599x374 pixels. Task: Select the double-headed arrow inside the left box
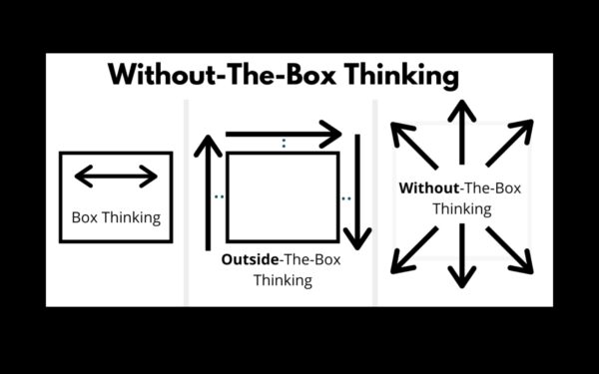(x=116, y=178)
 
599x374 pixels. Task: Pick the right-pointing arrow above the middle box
(x=284, y=131)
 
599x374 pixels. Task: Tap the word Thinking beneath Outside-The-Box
(x=283, y=280)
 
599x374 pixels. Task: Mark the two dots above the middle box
(x=284, y=144)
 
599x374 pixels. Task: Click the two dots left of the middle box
(x=219, y=196)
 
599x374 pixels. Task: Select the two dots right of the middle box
(x=345, y=198)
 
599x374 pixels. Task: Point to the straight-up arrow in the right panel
(x=460, y=126)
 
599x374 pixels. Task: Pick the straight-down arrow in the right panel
(x=460, y=258)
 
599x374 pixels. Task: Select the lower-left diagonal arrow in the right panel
(x=412, y=249)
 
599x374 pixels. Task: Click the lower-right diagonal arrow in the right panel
(x=510, y=249)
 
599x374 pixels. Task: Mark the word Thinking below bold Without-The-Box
(x=461, y=209)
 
